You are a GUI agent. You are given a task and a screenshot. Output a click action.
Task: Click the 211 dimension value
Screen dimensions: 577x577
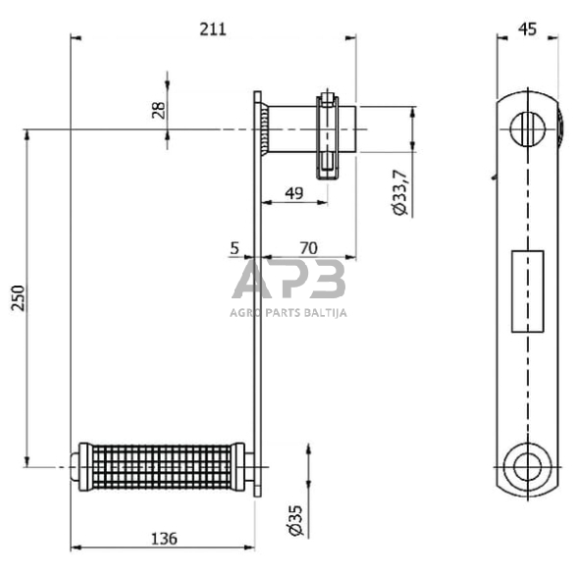pos(213,29)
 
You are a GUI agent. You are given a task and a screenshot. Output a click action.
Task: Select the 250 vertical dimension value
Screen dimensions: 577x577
pos(18,297)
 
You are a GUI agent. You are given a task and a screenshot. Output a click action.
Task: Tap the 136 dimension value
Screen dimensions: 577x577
pos(164,539)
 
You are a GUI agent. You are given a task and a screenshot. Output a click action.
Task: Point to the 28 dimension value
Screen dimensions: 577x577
pos(159,110)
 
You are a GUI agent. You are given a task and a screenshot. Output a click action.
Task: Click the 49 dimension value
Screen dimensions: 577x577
pos(294,192)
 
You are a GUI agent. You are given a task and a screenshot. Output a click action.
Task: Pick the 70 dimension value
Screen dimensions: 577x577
pos(308,248)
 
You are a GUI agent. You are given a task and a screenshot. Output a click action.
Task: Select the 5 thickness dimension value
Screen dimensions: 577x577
pos(235,248)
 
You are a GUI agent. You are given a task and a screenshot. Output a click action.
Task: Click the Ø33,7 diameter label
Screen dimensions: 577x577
pos(400,192)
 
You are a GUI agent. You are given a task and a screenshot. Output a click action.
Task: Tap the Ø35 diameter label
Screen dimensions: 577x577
pos(295,520)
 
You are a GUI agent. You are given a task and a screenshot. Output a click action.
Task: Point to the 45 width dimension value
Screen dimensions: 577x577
pos(527,29)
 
